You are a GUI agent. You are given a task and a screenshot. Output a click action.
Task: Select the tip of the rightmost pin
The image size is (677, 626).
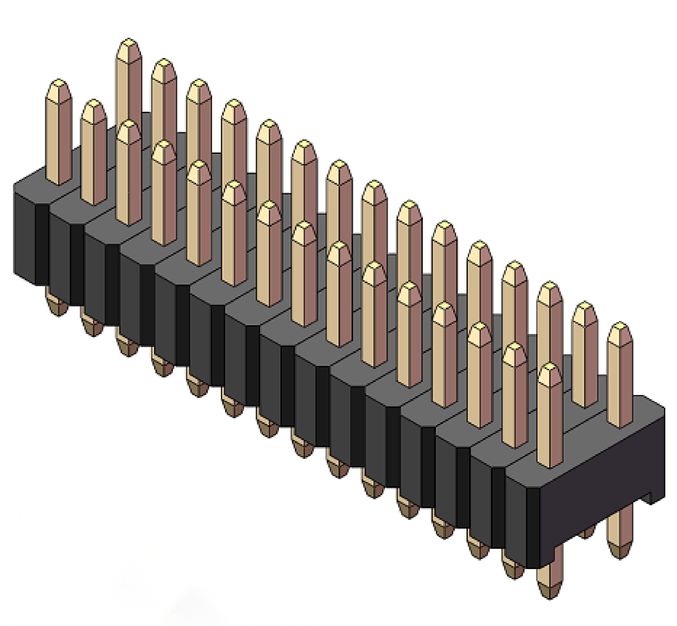[x=620, y=326]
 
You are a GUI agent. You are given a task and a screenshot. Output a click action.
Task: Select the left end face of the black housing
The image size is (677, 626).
[x=24, y=234]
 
